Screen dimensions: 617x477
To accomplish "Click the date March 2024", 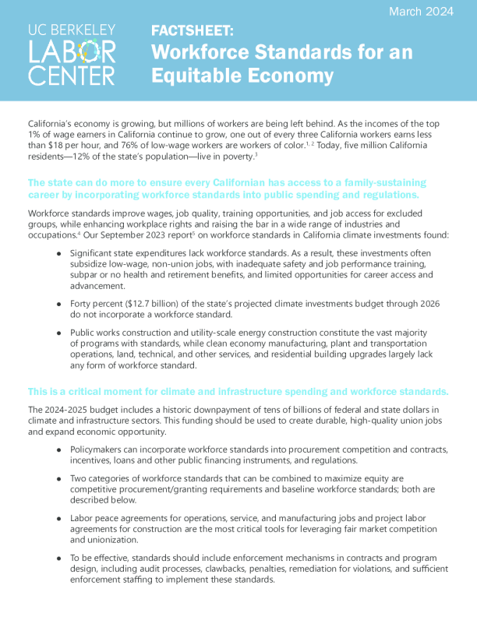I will click(x=421, y=12).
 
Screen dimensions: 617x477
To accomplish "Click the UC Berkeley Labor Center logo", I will click(x=71, y=54).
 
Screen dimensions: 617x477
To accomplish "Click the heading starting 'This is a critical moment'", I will click(x=238, y=390).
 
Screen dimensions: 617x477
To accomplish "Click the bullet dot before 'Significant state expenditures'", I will click(x=58, y=253).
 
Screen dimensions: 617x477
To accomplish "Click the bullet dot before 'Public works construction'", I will click(x=58, y=332).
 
